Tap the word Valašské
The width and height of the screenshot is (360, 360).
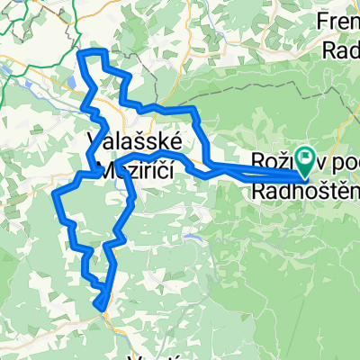pos(135,143)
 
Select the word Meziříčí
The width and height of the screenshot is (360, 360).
pos(144,169)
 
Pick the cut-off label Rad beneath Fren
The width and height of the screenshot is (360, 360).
pos(342,49)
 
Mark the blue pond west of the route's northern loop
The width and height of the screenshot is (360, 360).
pos(69,84)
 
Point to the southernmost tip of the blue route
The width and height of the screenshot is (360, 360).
pos(97,308)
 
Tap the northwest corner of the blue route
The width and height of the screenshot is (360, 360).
pos(81,54)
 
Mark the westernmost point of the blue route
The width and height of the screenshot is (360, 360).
pos(55,193)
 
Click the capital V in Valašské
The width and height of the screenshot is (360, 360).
pos(95,143)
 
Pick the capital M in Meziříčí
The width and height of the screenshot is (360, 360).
pos(111,169)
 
